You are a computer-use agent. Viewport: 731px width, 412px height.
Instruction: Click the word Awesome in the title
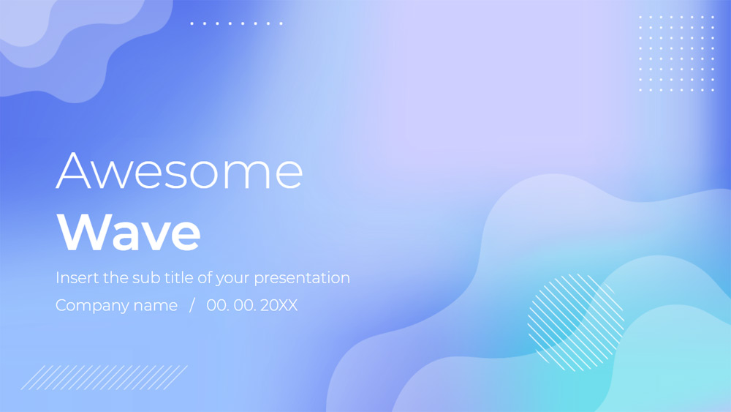click(179, 171)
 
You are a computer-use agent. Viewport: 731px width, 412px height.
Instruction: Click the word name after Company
click(155, 305)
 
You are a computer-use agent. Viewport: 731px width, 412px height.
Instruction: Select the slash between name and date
click(192, 305)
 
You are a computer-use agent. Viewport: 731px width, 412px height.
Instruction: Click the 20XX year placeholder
click(279, 305)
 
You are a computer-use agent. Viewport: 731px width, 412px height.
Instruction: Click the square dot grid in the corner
click(675, 53)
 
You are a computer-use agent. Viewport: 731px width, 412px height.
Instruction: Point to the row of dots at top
click(236, 23)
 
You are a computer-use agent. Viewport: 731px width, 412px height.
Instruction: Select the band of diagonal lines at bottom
click(104, 377)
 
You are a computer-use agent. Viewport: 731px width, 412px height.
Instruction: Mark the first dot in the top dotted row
click(192, 23)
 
